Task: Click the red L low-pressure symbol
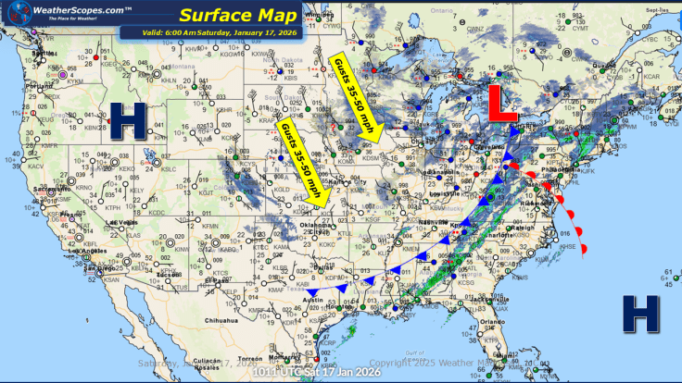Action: (502, 105)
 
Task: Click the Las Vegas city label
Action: (124, 223)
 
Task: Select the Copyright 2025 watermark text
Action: (426, 363)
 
